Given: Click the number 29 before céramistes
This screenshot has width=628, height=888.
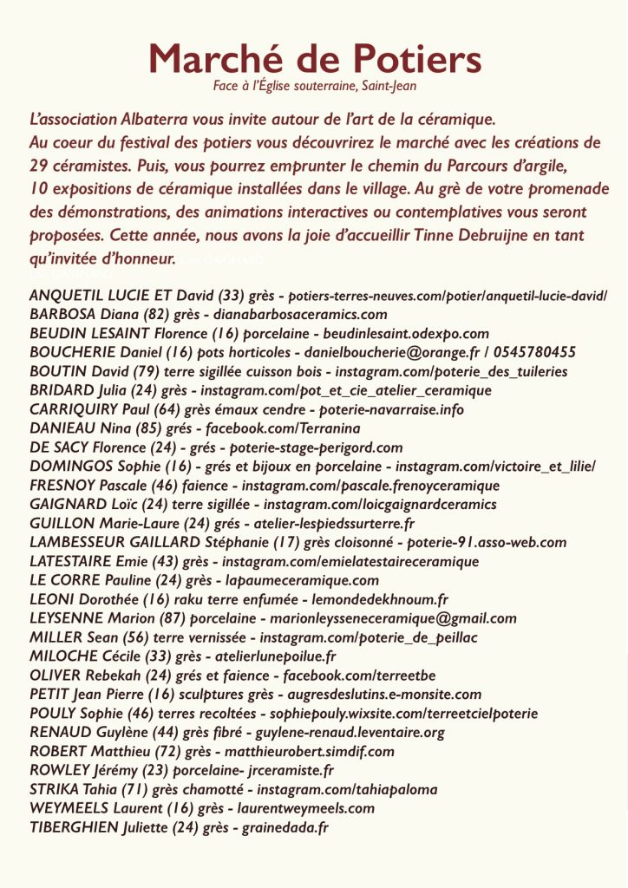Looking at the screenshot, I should (x=39, y=165).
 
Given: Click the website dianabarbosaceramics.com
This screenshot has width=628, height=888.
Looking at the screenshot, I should (x=292, y=314).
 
